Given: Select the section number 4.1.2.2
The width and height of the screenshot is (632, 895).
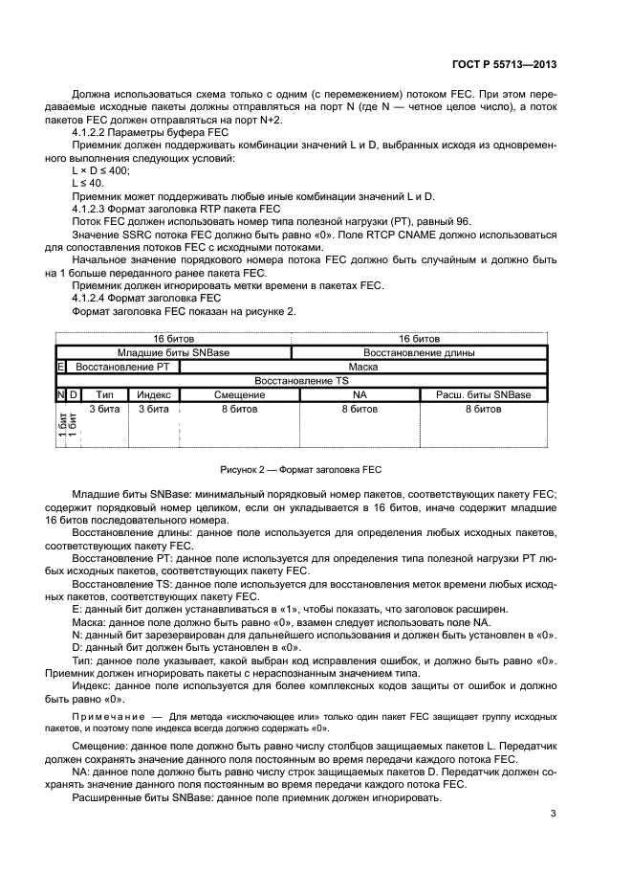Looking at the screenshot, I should [95, 131].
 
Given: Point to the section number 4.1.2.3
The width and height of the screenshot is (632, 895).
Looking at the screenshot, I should [95, 209].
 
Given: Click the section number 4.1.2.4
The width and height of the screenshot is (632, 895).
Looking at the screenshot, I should [95, 298].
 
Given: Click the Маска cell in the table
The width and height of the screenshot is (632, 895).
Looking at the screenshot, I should [362, 366].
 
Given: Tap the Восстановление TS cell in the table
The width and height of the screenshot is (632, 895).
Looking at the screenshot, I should [301, 380].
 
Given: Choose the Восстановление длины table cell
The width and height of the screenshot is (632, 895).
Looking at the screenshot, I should [419, 352].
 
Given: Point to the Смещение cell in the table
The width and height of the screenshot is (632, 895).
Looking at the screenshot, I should [239, 394].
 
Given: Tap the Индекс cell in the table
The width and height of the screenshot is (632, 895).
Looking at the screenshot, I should [153, 394].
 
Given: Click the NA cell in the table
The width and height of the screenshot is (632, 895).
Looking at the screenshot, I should [360, 394].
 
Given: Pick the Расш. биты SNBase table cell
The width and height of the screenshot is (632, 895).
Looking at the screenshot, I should [483, 394].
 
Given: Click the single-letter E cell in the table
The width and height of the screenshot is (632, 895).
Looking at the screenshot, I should [61, 366].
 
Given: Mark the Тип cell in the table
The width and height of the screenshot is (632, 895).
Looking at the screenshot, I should [105, 394].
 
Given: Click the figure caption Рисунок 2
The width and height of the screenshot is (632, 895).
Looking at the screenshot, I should [300, 469].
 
